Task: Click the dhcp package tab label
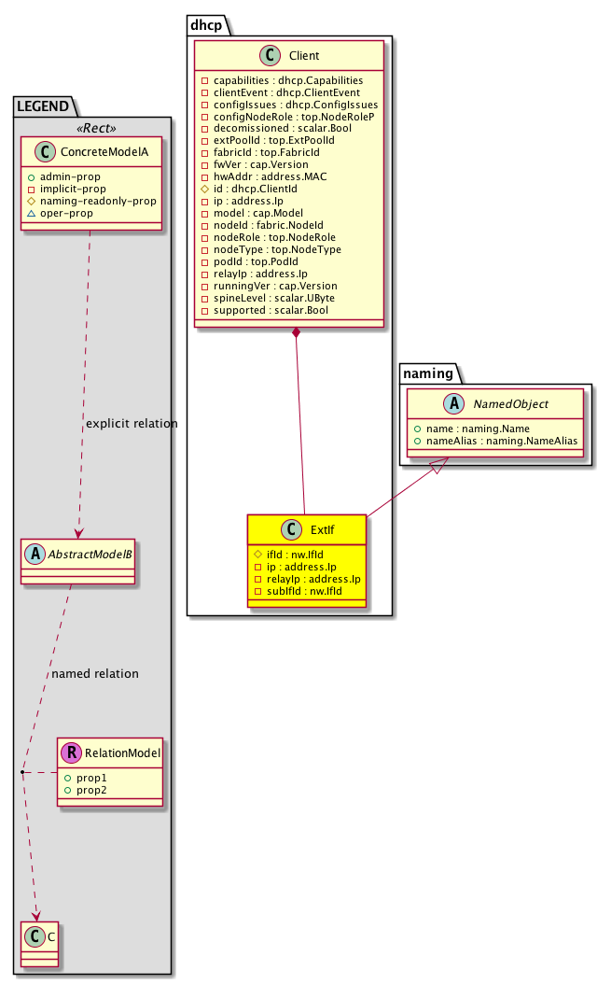[x=207, y=24]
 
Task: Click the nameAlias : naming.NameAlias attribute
[x=495, y=440]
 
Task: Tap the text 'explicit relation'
[x=132, y=424]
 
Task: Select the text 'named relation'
[x=95, y=673]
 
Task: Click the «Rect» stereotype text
[x=93, y=128]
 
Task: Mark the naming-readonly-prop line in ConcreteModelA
[x=97, y=200]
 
